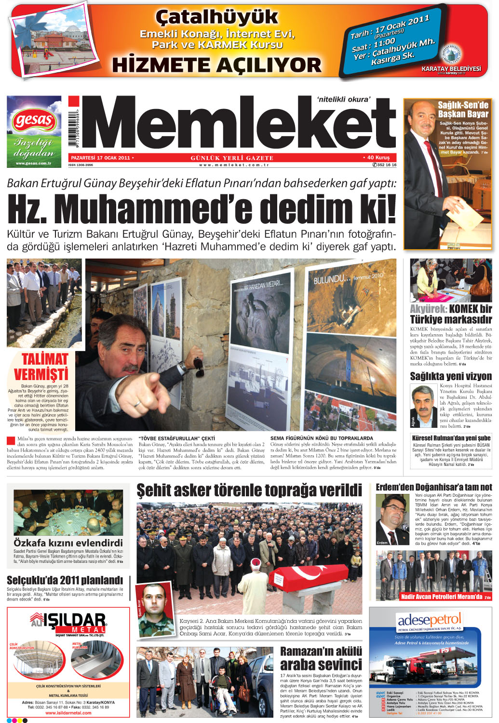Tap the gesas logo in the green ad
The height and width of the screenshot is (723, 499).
click(x=34, y=121)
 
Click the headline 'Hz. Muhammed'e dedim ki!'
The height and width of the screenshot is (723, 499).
click(x=202, y=209)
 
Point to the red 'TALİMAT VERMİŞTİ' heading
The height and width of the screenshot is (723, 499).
click(x=41, y=367)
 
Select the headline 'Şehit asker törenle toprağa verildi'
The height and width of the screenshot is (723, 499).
click(x=249, y=491)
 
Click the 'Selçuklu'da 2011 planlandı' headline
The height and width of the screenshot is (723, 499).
click(x=65, y=580)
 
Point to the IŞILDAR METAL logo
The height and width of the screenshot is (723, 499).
click(x=68, y=623)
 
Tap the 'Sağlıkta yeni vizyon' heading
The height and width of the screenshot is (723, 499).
click(x=450, y=376)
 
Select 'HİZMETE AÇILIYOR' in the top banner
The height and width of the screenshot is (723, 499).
click(x=216, y=65)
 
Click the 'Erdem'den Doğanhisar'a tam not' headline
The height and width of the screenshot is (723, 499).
click(x=433, y=487)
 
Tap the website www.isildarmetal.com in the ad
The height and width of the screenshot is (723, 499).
click(x=68, y=713)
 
